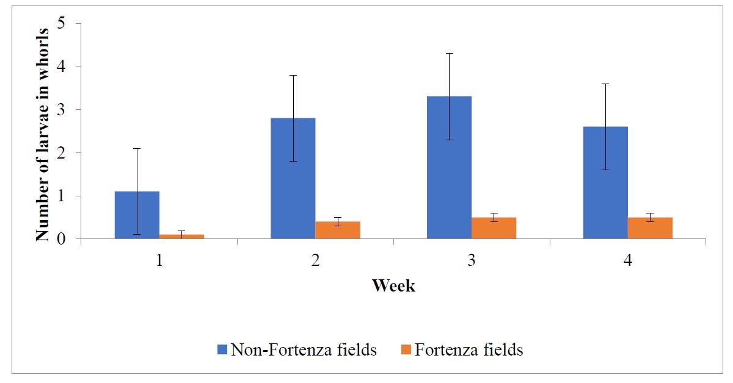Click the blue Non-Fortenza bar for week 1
click(137, 215)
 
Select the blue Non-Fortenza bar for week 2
click(293, 178)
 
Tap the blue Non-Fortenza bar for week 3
click(449, 167)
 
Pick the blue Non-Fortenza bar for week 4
click(605, 182)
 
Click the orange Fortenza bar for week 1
click(181, 237)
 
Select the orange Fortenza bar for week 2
click(338, 230)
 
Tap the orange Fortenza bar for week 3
click(494, 228)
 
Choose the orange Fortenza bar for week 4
click(650, 228)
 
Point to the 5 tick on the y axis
click(61, 23)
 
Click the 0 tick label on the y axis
click(61, 239)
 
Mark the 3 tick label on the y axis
click(61, 110)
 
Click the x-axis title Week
click(393, 285)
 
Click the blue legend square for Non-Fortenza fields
click(222, 350)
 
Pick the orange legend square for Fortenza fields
click(406, 350)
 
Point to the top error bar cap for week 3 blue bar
click(449, 53)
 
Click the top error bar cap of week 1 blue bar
click(137, 148)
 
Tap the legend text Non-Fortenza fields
click(303, 350)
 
